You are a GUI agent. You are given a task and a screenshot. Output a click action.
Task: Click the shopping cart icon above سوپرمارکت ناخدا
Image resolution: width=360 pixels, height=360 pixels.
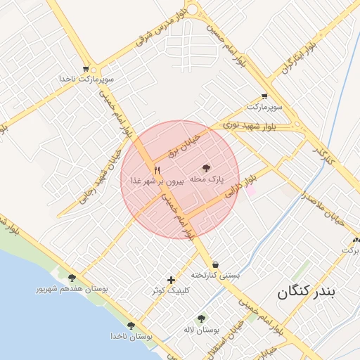(86, 69)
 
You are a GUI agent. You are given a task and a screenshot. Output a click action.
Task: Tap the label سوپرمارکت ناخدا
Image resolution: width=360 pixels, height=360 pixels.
(86, 79)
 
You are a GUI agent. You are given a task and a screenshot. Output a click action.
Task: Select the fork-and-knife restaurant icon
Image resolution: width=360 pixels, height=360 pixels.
(157, 170)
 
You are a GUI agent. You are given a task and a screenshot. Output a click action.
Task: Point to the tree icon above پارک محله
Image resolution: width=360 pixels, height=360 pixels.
(206, 168)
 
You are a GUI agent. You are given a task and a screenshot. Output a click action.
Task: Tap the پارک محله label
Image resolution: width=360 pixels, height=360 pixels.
(207, 179)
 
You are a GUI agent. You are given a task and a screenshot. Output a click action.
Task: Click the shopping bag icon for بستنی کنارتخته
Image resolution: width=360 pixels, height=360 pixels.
(214, 264)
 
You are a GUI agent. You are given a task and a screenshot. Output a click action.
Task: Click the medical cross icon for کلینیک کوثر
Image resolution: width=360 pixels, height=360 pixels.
(171, 280)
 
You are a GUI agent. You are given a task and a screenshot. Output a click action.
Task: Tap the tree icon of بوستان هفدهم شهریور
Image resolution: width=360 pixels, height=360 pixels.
(71, 278)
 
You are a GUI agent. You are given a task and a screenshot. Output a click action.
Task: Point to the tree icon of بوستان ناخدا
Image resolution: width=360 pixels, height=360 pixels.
(131, 326)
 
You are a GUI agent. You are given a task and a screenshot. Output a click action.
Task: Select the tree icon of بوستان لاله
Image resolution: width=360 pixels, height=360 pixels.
(202, 319)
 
